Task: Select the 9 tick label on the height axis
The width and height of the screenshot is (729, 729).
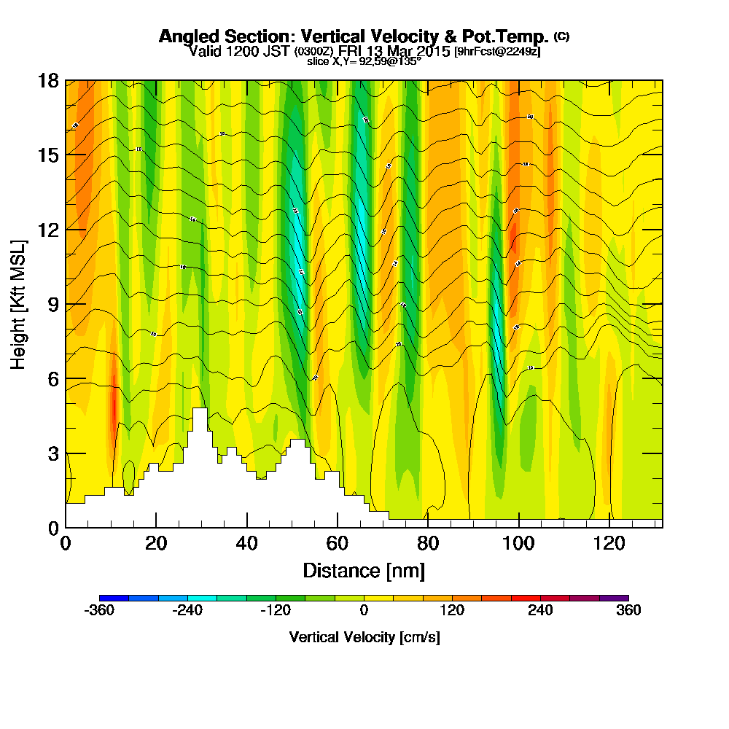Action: tap(52, 304)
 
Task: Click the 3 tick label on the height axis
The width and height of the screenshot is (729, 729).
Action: tap(52, 453)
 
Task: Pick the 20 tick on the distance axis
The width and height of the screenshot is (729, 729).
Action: tap(156, 543)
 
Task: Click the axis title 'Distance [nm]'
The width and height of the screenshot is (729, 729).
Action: tap(364, 570)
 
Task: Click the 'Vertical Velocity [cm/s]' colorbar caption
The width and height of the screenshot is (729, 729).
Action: tap(364, 637)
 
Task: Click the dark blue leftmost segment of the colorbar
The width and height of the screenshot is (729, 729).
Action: tap(114, 598)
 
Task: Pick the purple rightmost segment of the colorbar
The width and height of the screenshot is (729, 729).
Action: tap(614, 598)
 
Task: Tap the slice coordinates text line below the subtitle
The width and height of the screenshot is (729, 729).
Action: tap(364, 62)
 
